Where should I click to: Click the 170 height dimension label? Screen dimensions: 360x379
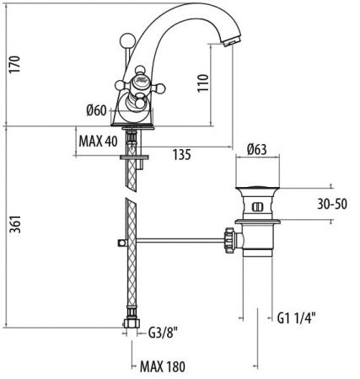tap(15, 65)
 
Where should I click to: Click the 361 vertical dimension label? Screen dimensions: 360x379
tap(15, 224)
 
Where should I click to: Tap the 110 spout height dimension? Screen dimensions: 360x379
tap(203, 83)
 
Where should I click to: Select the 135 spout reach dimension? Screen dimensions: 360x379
tap(182, 155)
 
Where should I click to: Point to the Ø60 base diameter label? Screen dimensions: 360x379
tap(97, 110)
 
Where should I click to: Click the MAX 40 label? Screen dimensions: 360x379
tap(98, 141)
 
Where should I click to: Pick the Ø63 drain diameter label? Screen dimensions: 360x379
tap(257, 149)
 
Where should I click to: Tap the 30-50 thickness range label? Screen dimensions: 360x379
tap(332, 204)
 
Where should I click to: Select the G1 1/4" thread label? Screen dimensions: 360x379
tap(297, 318)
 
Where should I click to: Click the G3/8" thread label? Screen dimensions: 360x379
tap(163, 334)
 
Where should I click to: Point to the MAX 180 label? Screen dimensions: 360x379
tap(163, 366)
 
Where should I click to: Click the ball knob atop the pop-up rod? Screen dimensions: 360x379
tap(126, 40)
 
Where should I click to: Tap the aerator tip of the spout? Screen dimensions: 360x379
tap(231, 42)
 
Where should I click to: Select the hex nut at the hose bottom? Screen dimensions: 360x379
tap(132, 323)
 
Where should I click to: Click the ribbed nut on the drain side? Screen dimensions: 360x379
tap(229, 241)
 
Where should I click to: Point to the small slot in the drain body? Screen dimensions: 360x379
tap(257, 207)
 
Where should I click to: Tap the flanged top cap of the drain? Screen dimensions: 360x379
tap(257, 189)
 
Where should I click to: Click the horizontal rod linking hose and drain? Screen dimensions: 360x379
tap(180, 240)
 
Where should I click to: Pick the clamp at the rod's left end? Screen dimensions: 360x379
tap(121, 243)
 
